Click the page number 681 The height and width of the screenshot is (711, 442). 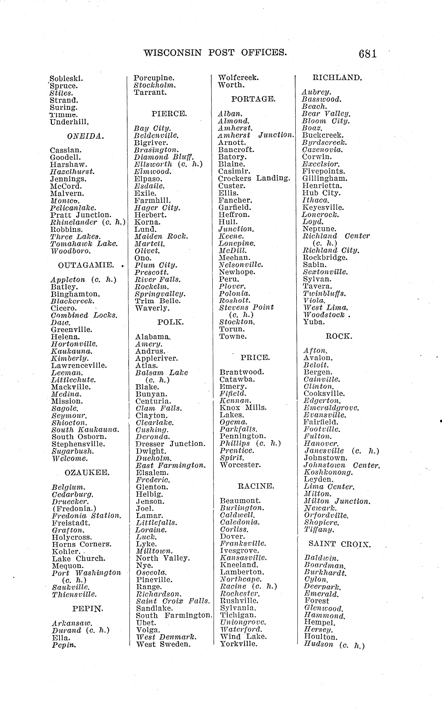tap(368, 54)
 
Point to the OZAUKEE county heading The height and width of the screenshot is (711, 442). tap(87, 473)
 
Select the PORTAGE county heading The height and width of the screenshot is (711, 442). tap(253, 99)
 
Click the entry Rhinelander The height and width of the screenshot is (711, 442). tap(74, 222)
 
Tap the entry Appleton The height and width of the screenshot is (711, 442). tap(68, 280)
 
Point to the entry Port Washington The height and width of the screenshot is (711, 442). tap(87, 573)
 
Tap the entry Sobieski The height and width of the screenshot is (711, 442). tap(66, 79)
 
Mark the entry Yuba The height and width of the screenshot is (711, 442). tap(314, 322)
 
